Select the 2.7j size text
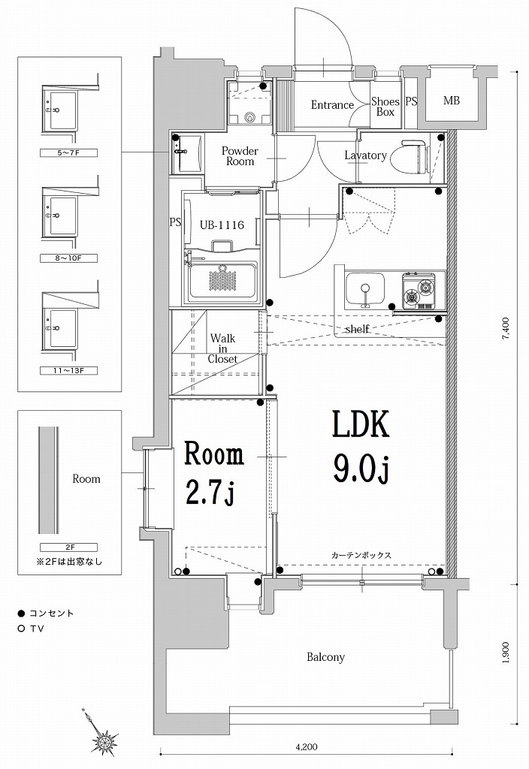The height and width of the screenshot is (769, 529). point(210,493)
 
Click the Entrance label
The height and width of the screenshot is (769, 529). point(332,105)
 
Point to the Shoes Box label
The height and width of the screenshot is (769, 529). point(385,107)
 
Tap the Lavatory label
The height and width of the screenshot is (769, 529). point(365,156)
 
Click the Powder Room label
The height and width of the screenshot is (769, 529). point(239,156)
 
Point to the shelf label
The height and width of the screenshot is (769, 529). point(356,329)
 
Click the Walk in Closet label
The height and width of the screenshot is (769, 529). point(222,348)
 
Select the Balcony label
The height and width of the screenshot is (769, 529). point(325,657)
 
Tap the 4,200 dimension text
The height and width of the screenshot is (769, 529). point(306,747)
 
